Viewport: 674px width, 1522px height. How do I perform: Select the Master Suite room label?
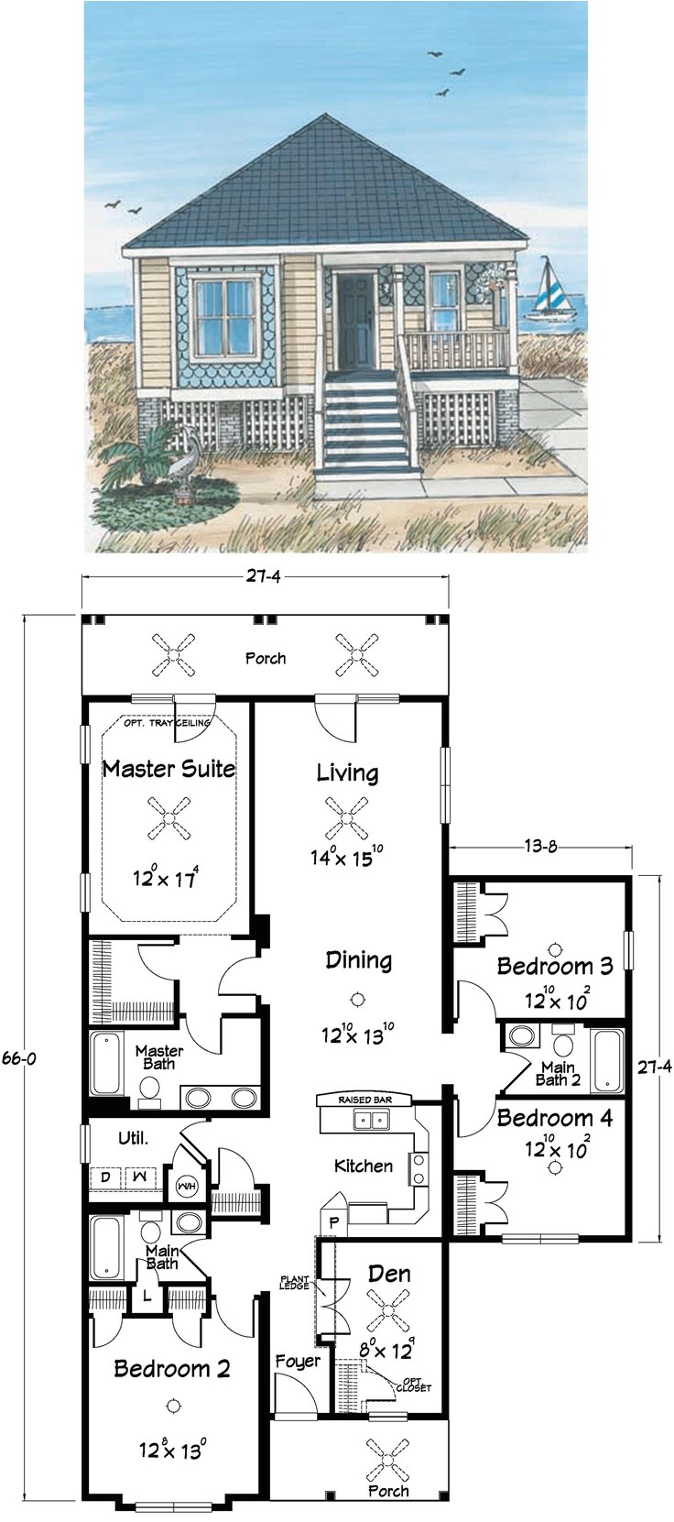(x=168, y=768)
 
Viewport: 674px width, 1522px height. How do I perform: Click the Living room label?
(x=347, y=772)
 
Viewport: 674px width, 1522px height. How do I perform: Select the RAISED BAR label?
(x=364, y=1098)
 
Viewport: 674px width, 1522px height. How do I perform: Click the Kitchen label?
(x=364, y=1166)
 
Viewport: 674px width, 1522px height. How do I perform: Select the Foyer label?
(x=299, y=1361)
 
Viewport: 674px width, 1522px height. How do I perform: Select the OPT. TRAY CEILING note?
(x=168, y=723)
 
